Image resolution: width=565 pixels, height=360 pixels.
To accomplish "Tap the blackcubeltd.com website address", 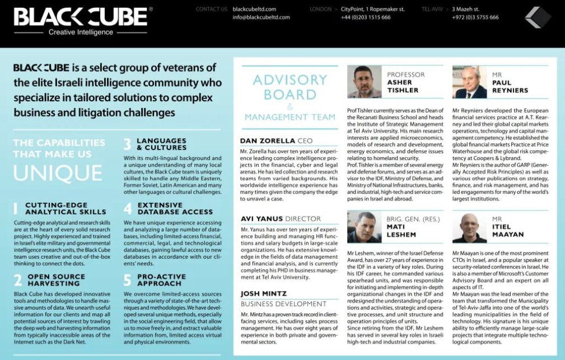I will coord(254,9).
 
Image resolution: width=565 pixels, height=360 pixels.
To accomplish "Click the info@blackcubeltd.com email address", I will coord(261,17).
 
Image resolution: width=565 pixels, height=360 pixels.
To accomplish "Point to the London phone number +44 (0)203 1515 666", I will coord(366,17).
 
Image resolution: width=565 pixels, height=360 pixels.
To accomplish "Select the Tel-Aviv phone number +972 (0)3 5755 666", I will coord(475,17).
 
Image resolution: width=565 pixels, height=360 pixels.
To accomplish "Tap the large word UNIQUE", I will coord(58,174).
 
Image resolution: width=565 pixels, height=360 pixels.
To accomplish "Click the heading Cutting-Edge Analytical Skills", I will coord(66,209).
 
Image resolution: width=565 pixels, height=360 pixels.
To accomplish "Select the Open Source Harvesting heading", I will coord(57,280).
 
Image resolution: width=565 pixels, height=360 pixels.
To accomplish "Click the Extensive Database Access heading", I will coord(175,209).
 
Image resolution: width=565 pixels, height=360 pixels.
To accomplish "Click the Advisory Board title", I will coord(289,87).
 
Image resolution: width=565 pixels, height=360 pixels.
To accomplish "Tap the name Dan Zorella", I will coord(265,141).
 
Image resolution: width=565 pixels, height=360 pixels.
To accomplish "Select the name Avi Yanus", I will coord(262,219).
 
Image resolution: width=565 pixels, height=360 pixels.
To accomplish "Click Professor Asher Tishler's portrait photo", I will coord(364,82).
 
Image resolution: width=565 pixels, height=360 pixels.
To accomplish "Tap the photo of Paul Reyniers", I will coord(470,82).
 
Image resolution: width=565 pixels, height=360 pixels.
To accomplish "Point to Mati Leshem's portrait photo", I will coord(364,227).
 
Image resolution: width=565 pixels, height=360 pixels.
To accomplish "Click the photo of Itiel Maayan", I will coord(470,227).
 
